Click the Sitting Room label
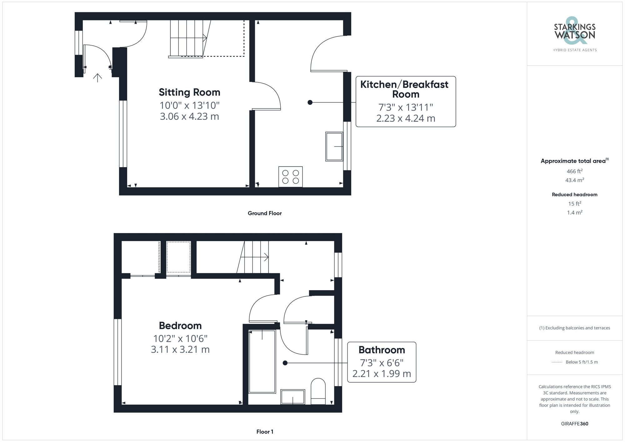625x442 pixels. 189,92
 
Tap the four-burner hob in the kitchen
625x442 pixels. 290,177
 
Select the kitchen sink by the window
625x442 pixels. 334,147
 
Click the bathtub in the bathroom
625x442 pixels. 262,361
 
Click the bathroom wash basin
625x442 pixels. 292,397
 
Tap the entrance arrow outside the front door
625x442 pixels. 97,77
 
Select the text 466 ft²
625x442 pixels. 574,171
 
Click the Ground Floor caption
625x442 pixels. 265,213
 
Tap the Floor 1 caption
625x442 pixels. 265,432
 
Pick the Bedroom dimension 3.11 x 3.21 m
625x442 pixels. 180,349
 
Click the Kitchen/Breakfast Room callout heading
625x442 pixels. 405,89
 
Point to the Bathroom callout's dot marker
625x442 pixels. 285,363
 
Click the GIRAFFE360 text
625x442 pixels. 574,424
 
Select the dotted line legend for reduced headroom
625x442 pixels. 557,362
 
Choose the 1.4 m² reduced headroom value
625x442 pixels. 574,212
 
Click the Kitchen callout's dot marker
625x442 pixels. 310,102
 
